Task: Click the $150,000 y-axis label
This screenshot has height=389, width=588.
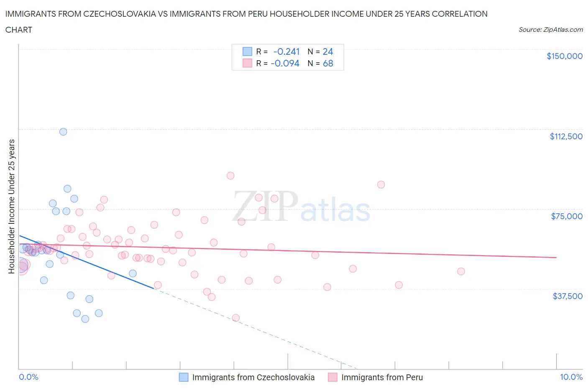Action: point(564,56)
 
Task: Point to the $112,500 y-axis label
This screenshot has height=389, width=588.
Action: point(566,136)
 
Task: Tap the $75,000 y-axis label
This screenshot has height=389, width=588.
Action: point(567,216)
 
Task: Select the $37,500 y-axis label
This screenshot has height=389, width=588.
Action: point(567,296)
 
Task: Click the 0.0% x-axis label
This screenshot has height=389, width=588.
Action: point(28,377)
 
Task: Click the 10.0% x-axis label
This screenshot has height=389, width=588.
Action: point(571,377)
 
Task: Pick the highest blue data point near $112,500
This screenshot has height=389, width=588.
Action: point(63,132)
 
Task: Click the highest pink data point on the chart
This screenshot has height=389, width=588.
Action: point(230,176)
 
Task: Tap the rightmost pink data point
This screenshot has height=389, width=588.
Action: point(461,271)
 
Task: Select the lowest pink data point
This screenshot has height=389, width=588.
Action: point(235,318)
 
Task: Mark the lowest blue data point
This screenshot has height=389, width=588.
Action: point(85,319)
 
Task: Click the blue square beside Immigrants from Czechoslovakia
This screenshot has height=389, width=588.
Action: point(184,377)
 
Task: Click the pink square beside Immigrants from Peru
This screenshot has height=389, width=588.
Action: point(332,377)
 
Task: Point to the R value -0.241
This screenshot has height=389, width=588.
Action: point(286,51)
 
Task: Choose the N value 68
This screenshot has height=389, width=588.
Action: point(328,64)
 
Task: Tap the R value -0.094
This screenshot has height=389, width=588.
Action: point(285,64)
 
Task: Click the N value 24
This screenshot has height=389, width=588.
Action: point(328,51)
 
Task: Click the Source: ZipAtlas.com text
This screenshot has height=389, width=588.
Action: point(550,30)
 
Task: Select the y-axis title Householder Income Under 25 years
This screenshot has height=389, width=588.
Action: point(11,206)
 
